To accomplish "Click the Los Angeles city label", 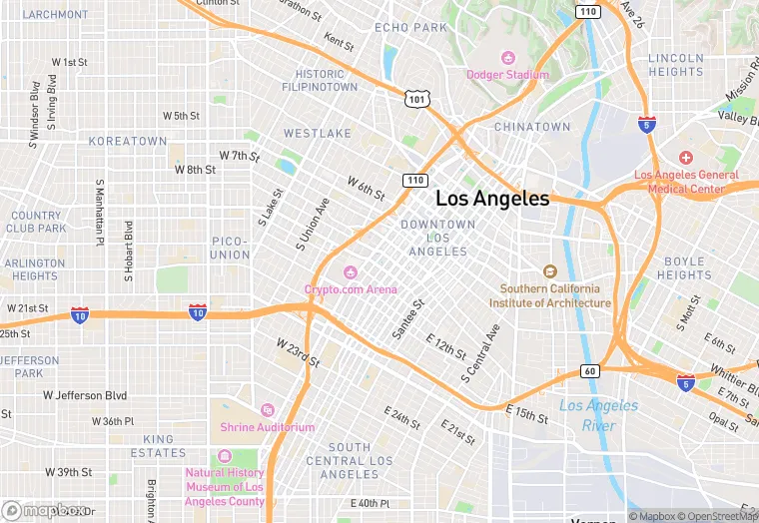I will click(492, 199).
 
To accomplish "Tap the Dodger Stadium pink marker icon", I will click(507, 57).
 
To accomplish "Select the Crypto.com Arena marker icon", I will click(351, 272).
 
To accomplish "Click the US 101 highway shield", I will click(416, 99).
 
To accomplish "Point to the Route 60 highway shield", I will click(589, 372).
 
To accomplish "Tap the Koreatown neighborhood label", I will click(128, 142).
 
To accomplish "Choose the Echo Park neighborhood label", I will click(410, 28).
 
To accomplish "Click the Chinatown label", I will click(532, 127).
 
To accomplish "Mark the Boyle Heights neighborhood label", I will click(684, 267).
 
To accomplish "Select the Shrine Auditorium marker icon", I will click(267, 410).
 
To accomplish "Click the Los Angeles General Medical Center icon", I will click(685, 158).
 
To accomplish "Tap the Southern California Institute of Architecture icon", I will click(548, 271).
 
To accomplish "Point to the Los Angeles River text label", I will click(598, 415).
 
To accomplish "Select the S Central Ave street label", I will click(480, 354).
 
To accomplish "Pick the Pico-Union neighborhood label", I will click(230, 248).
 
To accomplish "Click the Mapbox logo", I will click(45, 509).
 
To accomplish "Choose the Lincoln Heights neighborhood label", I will click(676, 65).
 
